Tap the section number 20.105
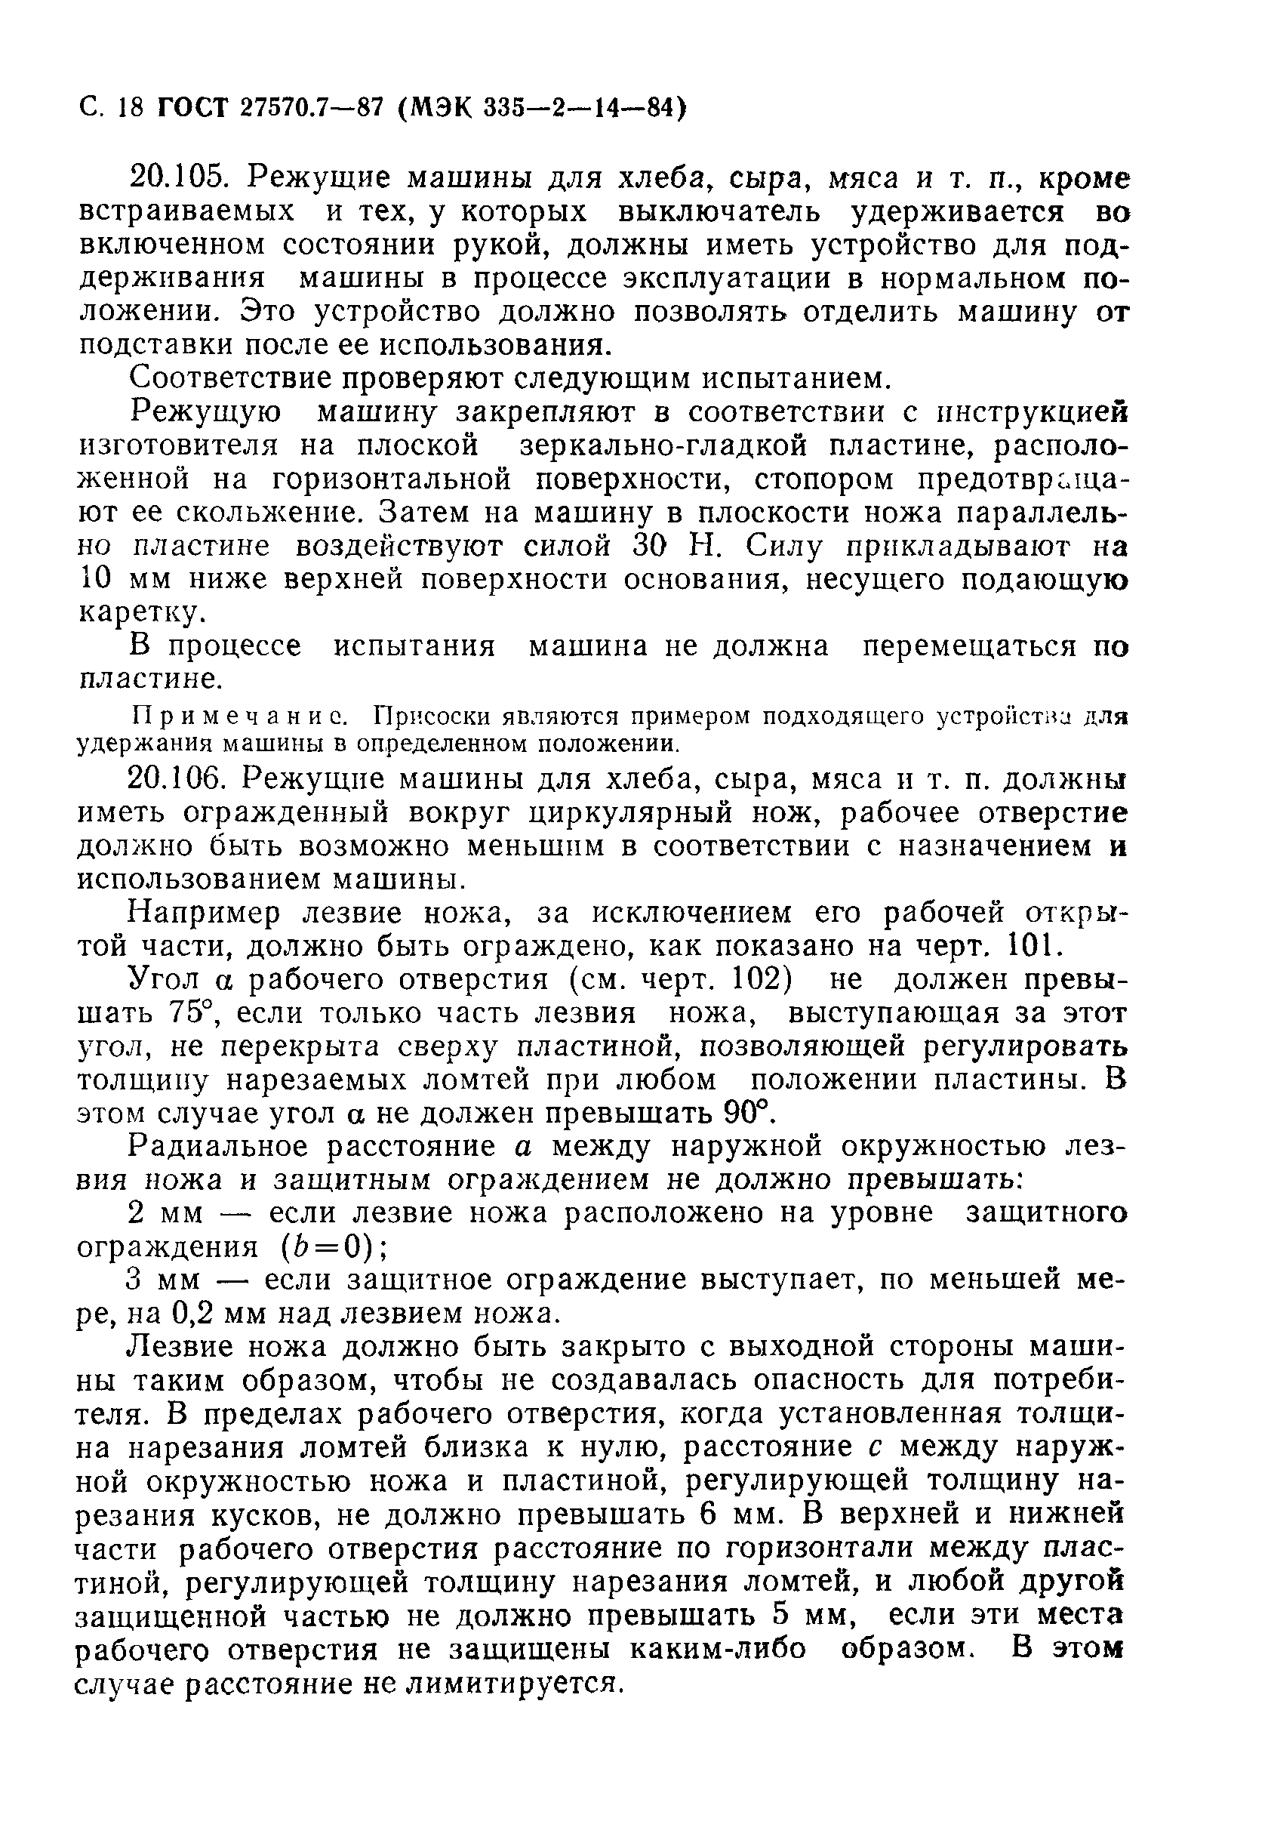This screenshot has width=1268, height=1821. (x=177, y=177)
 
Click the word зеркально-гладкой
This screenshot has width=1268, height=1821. (x=663, y=445)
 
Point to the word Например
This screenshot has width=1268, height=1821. (x=205, y=914)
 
